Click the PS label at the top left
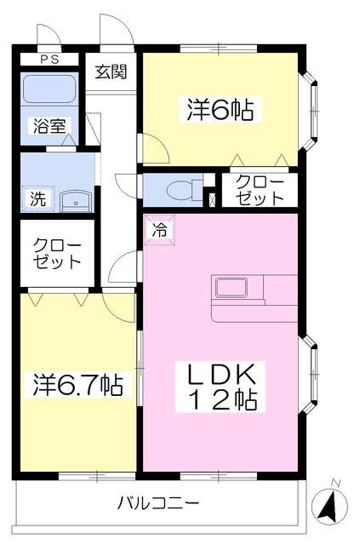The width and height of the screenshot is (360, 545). [50, 59]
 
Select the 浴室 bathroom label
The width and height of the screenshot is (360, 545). [49, 126]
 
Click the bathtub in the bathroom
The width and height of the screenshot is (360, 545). [49, 89]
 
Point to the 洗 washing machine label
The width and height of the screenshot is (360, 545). [37, 198]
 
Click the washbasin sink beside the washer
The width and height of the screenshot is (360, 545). [77, 202]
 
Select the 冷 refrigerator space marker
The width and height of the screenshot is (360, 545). [160, 230]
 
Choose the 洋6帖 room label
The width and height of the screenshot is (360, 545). [220, 109]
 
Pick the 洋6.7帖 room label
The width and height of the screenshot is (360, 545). [78, 385]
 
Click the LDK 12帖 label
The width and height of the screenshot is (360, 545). [220, 387]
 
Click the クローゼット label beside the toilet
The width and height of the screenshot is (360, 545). [260, 190]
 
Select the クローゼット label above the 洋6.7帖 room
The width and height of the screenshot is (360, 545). [57, 254]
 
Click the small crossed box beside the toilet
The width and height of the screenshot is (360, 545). [212, 200]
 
